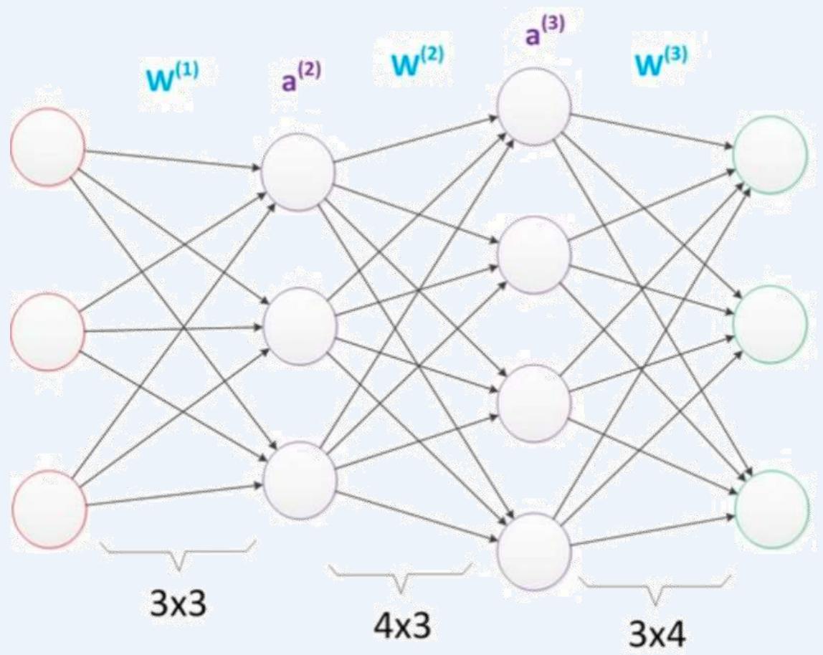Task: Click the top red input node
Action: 47,147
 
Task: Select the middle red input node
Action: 47,332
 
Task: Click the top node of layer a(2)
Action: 298,173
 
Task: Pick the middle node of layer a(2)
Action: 300,325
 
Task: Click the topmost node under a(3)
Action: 535,107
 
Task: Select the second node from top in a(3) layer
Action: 535,254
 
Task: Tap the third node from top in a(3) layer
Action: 535,402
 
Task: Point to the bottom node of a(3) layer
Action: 535,551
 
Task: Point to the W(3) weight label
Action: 660,63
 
